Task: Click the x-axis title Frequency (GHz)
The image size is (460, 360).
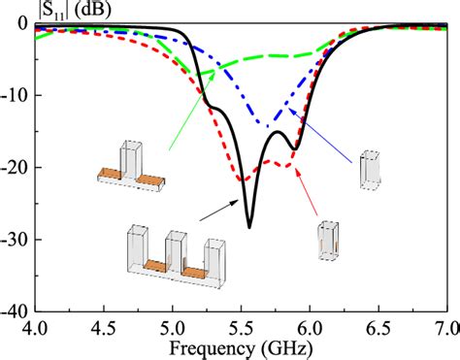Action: click(239, 347)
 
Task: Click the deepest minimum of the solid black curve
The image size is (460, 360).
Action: click(249, 227)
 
